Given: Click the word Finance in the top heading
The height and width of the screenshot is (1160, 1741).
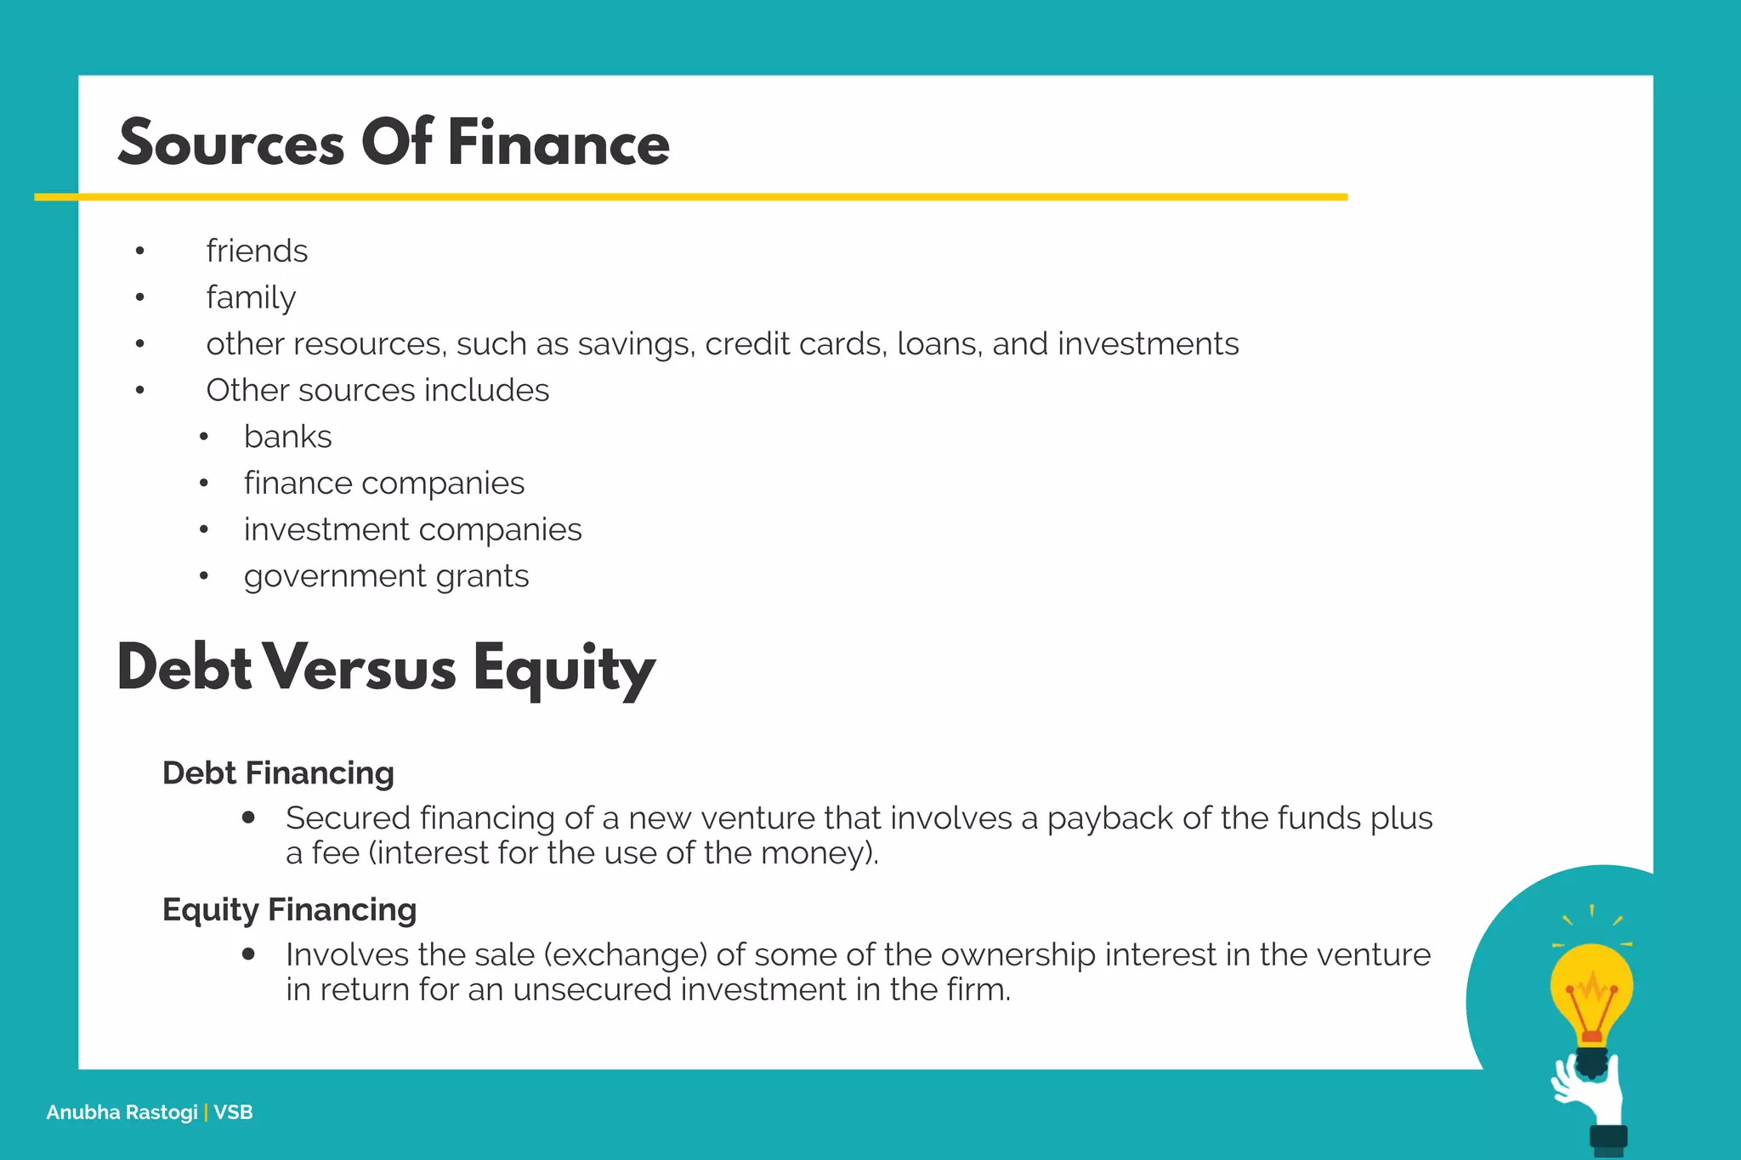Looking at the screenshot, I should coord(559,143).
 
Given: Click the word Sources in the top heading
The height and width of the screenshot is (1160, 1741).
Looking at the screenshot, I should coord(231,143).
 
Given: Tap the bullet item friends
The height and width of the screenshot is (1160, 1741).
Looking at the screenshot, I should coord(257,252).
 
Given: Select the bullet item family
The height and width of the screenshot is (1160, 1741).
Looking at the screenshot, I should coord(251,297).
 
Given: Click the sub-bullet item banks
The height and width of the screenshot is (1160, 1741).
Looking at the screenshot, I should coord(287,437).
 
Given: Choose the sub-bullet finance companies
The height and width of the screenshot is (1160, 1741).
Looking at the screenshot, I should coord(384,484).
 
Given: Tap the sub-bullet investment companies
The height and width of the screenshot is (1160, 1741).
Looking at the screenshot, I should coord(412,529).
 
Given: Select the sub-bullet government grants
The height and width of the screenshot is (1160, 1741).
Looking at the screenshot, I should coord(386,576).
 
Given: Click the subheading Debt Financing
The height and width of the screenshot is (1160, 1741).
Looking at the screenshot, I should coord(278,773).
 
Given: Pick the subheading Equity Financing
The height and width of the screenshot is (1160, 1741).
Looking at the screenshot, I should coord(289,910).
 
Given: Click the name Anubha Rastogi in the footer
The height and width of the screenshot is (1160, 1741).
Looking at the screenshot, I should coord(122,1112).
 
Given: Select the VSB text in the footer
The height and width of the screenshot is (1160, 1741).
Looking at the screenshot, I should coord(234,1112).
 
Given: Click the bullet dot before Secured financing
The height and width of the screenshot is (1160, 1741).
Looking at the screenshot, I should coord(248,818).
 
